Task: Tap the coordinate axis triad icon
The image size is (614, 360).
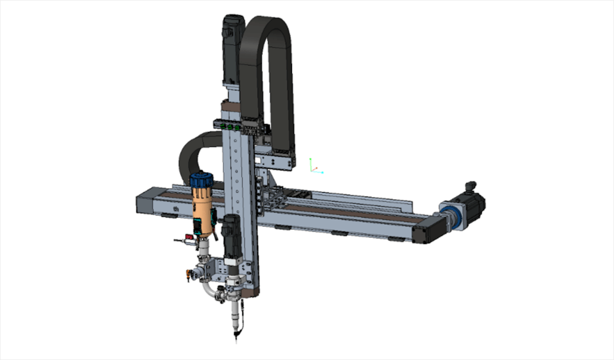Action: coord(313,165)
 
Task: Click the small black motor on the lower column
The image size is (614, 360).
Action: coord(230,237)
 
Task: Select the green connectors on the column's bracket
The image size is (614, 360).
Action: coord(231,125)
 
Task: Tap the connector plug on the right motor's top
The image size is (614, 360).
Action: coord(470,186)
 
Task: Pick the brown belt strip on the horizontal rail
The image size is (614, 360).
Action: coord(344,213)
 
